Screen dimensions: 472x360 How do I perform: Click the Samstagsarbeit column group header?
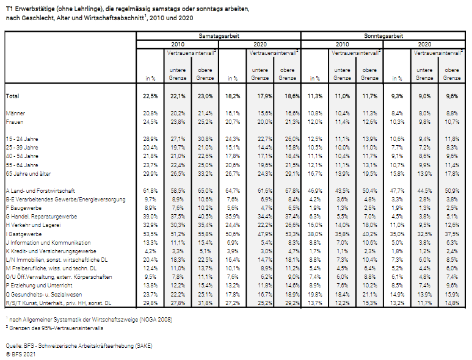click(219, 36)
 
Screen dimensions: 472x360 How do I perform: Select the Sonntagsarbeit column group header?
click(383, 36)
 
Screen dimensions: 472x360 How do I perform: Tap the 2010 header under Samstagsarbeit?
click(178, 45)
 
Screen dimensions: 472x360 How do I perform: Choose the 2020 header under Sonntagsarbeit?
click(424, 45)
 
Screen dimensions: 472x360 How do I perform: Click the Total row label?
click(12, 96)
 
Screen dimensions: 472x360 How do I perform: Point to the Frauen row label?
click(15, 122)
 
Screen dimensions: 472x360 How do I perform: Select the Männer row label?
click(15, 113)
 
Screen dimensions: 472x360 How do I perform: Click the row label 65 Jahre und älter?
click(28, 174)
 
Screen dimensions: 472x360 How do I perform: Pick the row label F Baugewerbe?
click(23, 208)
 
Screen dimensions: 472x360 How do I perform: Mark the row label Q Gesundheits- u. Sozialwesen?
click(43, 295)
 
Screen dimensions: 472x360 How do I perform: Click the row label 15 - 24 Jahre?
click(22, 139)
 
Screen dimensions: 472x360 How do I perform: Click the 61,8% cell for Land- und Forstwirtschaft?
click(150, 191)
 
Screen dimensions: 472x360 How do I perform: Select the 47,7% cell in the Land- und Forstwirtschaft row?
click(397, 191)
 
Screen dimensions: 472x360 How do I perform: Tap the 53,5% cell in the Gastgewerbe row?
click(150, 234)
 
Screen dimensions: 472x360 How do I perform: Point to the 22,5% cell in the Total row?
click(150, 96)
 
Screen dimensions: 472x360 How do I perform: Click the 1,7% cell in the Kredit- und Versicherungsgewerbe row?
click(315, 251)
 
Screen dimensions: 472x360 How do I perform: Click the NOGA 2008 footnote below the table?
click(89, 319)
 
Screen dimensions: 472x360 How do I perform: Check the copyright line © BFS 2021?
click(21, 355)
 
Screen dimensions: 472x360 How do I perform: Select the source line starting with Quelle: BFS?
click(79, 346)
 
